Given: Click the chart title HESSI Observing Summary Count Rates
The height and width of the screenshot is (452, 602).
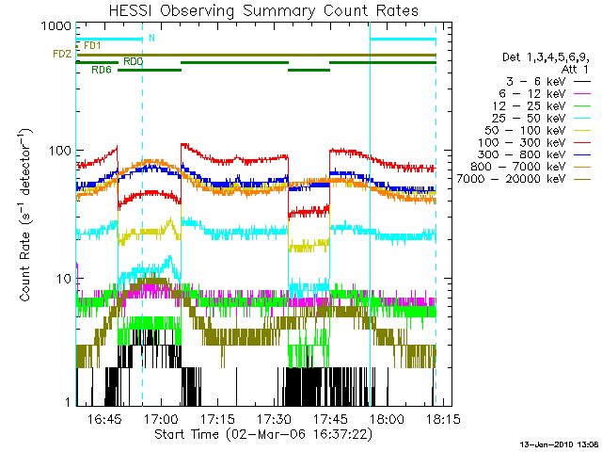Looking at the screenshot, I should point(255,11).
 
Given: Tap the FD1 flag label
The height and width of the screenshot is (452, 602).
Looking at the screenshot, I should point(92,45).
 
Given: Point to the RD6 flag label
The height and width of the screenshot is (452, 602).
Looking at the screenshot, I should point(102,71).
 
